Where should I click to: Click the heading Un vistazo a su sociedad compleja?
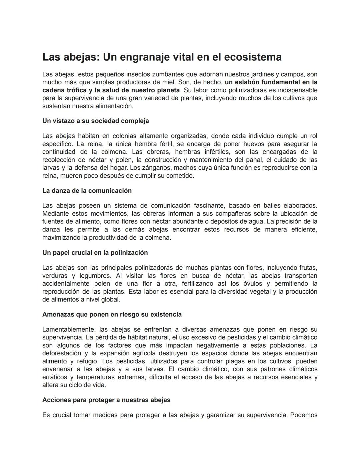point(96,121)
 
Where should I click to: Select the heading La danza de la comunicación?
point(87,191)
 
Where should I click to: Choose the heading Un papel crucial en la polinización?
point(95,253)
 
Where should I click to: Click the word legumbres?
point(95,276)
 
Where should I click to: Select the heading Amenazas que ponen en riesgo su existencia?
point(112,315)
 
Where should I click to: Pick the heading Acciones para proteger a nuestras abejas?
point(106,400)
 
